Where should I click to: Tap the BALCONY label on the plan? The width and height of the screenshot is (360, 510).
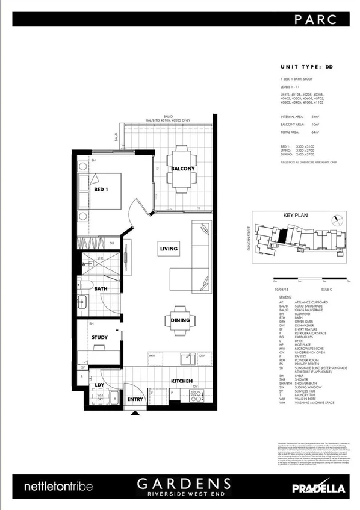[x=182, y=169]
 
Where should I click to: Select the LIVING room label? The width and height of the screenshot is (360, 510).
[x=168, y=249]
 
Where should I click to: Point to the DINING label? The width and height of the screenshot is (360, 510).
[x=180, y=320]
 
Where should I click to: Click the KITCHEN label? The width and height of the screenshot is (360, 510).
[x=181, y=381]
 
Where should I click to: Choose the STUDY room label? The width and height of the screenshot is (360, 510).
[x=100, y=338]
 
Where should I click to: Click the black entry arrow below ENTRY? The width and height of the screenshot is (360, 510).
[x=134, y=413]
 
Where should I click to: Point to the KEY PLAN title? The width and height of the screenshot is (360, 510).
[x=295, y=214]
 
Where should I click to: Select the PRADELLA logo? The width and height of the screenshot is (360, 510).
[x=317, y=487]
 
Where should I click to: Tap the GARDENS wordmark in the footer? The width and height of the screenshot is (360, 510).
[x=184, y=483]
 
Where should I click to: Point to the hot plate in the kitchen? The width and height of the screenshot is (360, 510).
[x=196, y=395]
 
